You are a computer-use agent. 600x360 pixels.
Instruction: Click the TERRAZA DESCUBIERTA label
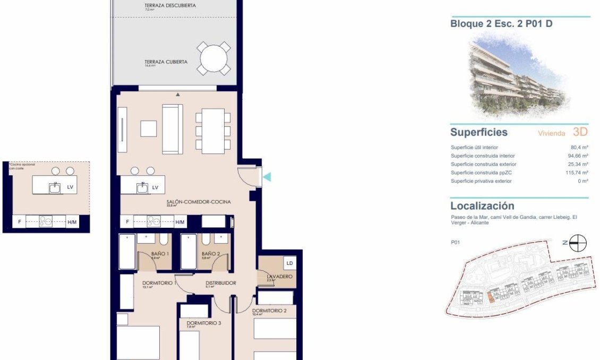coord(170,6)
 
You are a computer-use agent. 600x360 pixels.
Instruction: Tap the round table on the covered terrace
coord(214,58)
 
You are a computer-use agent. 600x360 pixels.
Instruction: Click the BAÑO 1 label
coord(160,254)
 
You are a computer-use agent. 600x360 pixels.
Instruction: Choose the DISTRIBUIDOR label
coord(220,283)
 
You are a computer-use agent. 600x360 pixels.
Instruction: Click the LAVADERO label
coord(279,277)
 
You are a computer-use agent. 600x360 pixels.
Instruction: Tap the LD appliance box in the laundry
coord(289,263)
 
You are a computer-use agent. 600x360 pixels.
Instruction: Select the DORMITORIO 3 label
coord(204,323)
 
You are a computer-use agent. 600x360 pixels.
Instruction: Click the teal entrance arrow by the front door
coord(268,177)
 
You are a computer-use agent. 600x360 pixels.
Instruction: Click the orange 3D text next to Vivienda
coord(580,132)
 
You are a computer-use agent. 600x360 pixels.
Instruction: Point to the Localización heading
coord(482,205)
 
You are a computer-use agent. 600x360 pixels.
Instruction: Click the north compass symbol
coord(578,243)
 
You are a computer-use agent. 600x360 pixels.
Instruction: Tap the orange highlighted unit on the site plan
coord(491,297)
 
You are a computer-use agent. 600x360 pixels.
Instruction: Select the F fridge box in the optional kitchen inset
coord(19,222)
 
